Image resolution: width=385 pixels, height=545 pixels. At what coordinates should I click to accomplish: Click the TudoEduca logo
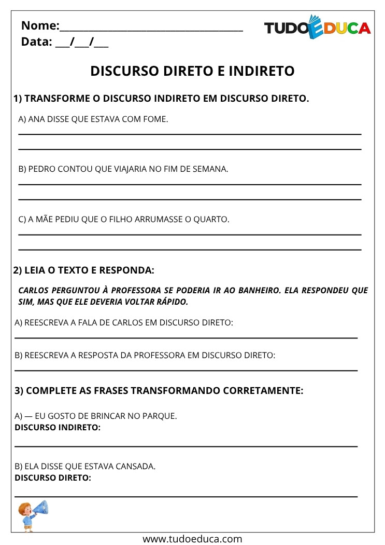pyautogui.click(x=317, y=28)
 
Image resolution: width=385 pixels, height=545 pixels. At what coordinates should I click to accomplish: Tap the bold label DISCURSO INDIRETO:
pyautogui.click(x=58, y=427)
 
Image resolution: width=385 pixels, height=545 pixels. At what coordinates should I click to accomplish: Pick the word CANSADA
pyautogui.click(x=137, y=466)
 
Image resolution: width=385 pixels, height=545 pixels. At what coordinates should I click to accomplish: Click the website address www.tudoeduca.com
pyautogui.click(x=192, y=539)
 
